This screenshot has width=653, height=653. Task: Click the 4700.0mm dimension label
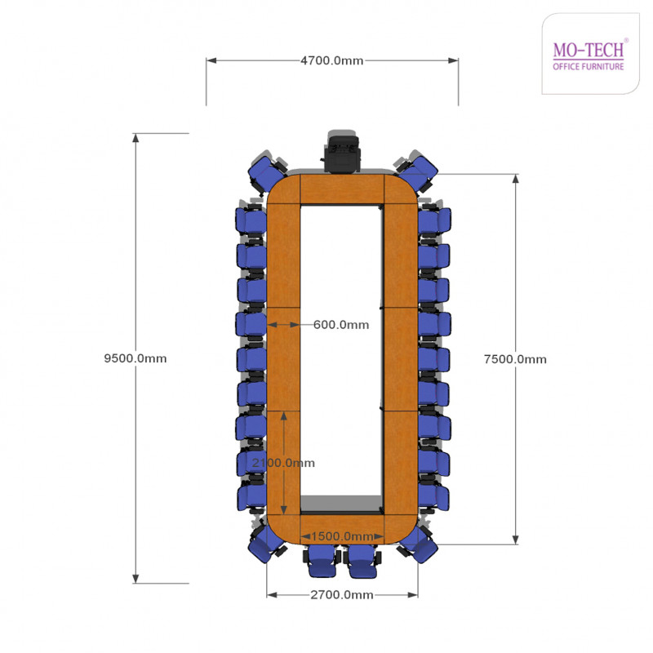(x=332, y=60)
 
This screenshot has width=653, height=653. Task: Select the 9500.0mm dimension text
(x=135, y=358)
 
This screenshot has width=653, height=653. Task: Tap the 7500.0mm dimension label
(x=515, y=359)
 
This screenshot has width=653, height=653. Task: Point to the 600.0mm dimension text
(x=341, y=324)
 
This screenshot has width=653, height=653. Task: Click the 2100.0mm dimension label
(x=283, y=463)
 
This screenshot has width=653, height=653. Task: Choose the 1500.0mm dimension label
(x=342, y=536)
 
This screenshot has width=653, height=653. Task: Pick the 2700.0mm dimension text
(x=342, y=595)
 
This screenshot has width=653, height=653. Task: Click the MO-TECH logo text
(x=589, y=50)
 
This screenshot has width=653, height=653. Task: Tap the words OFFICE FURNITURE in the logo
(x=589, y=67)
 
